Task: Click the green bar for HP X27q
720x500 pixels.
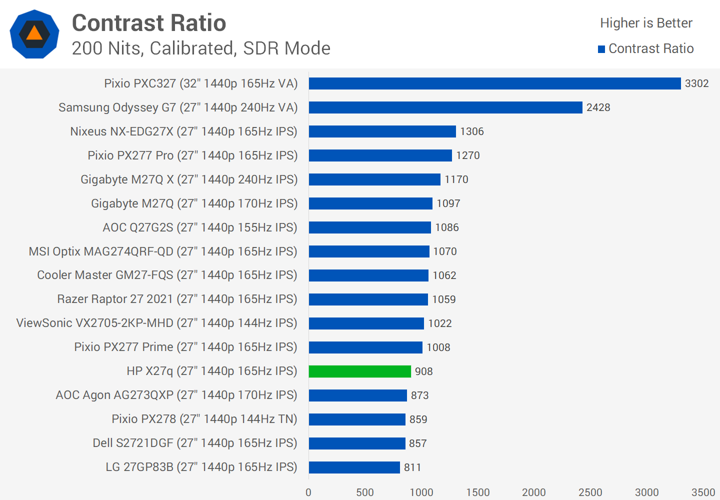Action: click(360, 371)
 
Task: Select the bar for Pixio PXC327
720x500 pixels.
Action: click(495, 83)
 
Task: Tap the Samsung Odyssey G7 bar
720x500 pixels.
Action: click(445, 107)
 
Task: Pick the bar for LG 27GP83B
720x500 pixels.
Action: click(354, 467)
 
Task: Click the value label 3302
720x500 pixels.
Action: click(696, 83)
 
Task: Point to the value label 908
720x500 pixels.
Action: click(423, 371)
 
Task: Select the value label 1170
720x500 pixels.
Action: click(456, 179)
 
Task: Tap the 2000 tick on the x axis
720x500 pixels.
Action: click(533, 492)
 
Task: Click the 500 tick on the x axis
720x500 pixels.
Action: click(364, 492)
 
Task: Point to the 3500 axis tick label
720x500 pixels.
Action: click(702, 492)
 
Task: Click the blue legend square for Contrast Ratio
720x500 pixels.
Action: click(601, 49)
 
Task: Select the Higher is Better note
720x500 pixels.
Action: click(646, 23)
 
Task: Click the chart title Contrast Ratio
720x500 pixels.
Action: click(149, 23)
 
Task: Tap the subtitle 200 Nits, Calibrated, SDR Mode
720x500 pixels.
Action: click(201, 48)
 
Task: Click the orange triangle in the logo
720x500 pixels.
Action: click(34, 33)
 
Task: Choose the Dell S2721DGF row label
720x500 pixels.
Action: click(194, 443)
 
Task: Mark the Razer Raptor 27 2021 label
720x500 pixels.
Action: click(177, 299)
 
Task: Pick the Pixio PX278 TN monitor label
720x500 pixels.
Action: click(204, 419)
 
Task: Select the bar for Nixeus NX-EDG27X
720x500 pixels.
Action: click(382, 131)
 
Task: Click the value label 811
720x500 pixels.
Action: click(412, 467)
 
